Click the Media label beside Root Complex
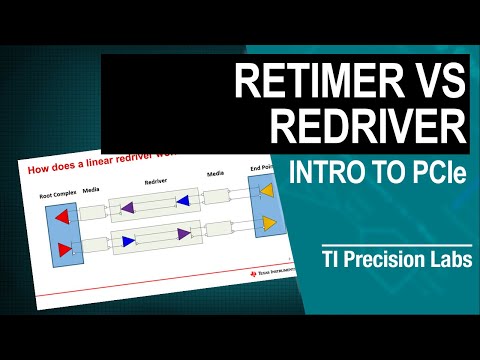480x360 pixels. (91, 187)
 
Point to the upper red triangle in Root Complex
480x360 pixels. (61, 215)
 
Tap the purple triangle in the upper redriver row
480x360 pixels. (128, 209)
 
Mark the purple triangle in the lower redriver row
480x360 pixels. (185, 236)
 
